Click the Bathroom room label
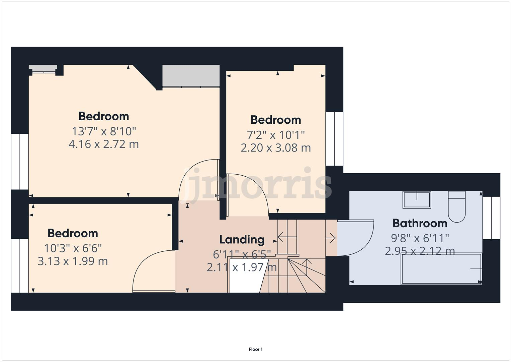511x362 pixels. [420, 223]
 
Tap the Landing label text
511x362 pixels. [242, 240]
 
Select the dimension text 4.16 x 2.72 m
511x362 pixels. [103, 144]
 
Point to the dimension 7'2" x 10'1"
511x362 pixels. [276, 135]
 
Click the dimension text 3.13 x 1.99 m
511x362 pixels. [73, 261]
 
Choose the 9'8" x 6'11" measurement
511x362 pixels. [420, 238]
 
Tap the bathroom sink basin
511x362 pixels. [417, 200]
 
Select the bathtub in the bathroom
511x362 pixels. [441, 269]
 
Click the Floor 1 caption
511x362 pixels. [255, 349]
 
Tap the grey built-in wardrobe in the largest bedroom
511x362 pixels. [191, 76]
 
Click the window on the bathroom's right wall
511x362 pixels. [491, 218]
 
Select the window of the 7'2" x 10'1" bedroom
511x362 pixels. [334, 139]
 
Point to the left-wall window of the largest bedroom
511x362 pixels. [20, 162]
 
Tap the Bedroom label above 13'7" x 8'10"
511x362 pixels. [103, 116]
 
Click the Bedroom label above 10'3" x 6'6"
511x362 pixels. [73, 233]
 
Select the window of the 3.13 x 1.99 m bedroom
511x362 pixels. [20, 265]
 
